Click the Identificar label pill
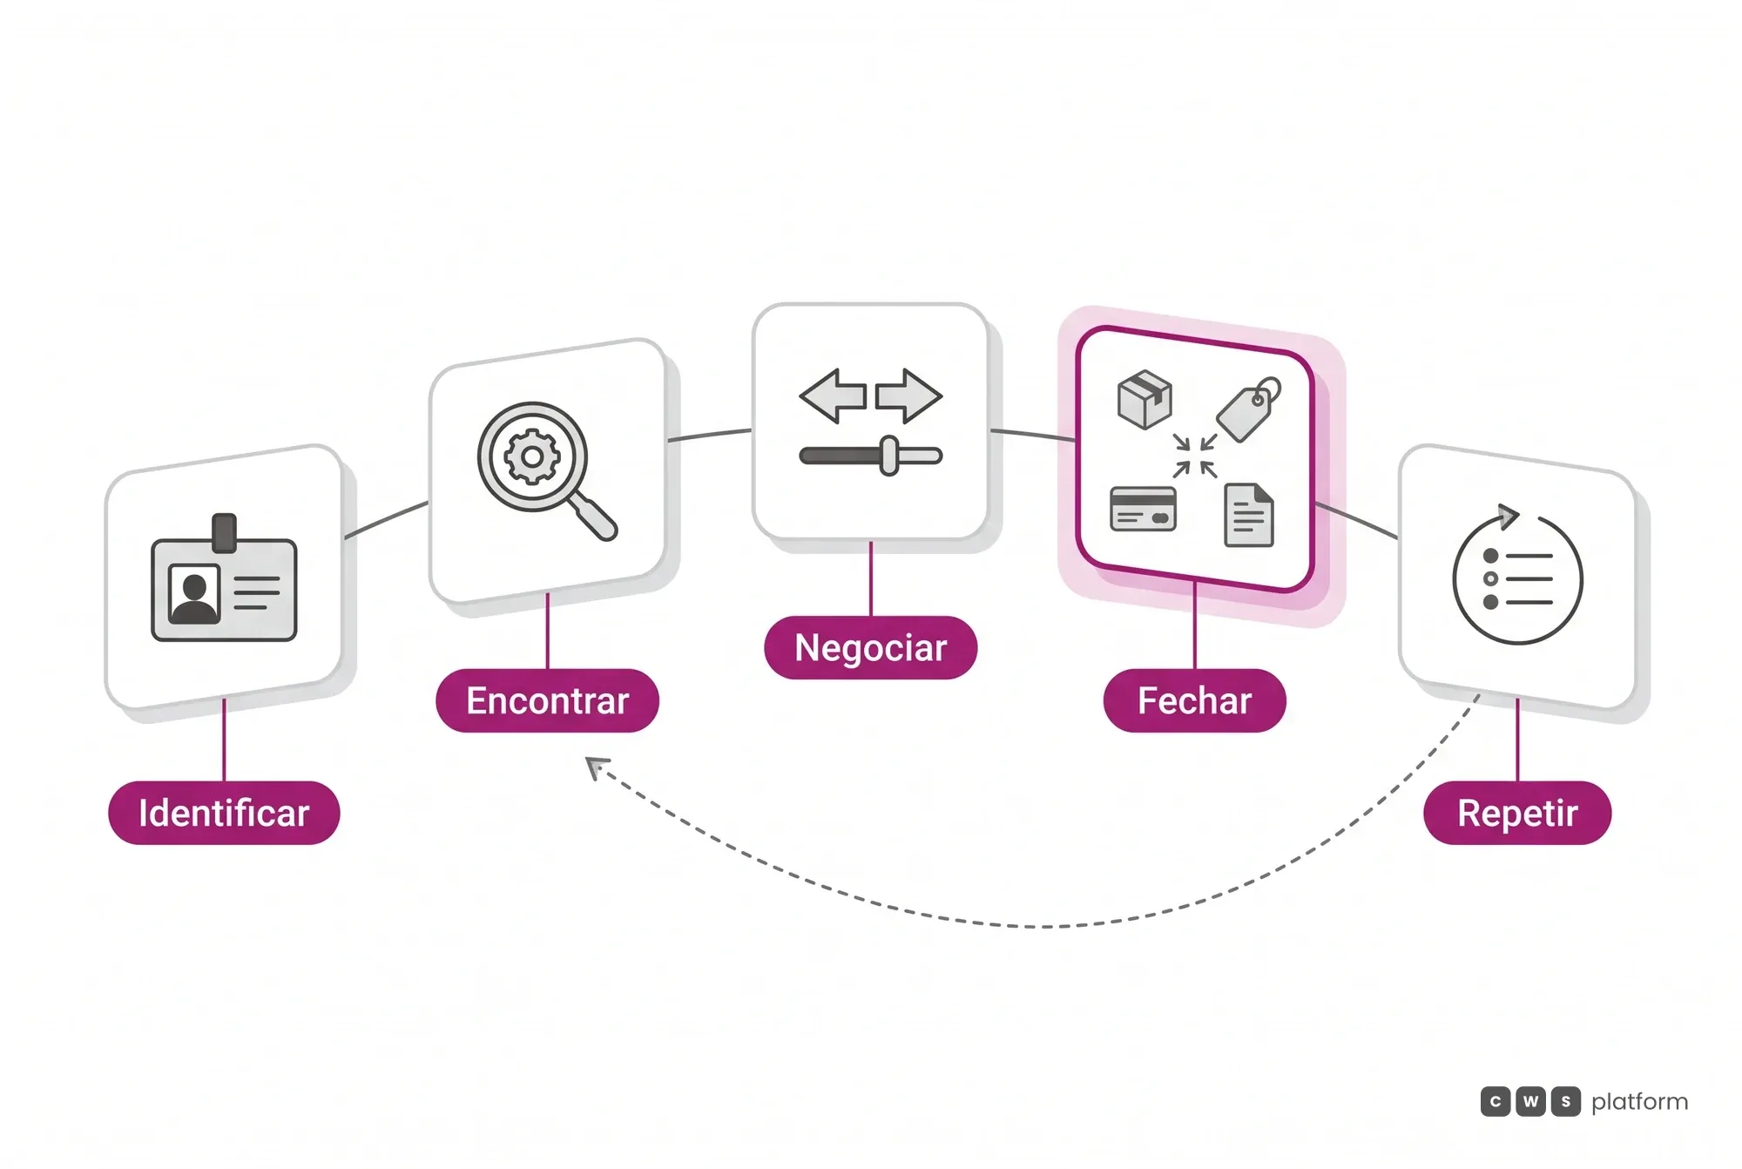point(224,813)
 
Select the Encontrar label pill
point(547,700)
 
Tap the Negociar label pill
point(870,647)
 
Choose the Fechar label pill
point(1194,700)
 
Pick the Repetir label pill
point(1517,813)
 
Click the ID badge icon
point(224,578)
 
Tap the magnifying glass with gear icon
point(547,470)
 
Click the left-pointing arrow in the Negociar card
point(833,396)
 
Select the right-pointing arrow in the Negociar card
point(908,396)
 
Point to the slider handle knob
point(889,456)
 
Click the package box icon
point(1144,400)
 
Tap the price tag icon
point(1249,409)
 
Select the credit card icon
point(1144,509)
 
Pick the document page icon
point(1249,515)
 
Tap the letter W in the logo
point(1530,1102)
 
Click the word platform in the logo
point(1639,1102)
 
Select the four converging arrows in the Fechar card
point(1195,456)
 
